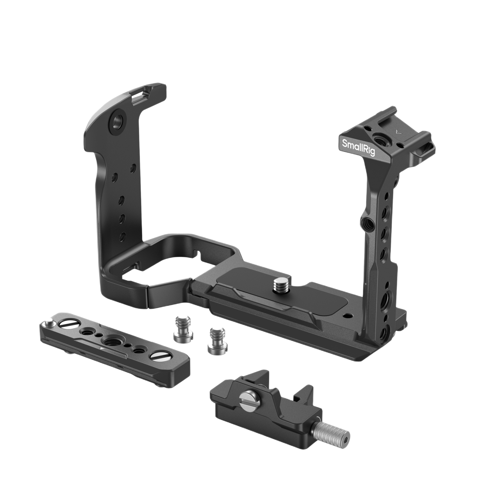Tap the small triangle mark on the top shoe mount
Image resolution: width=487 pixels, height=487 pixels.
tap(396, 132)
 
